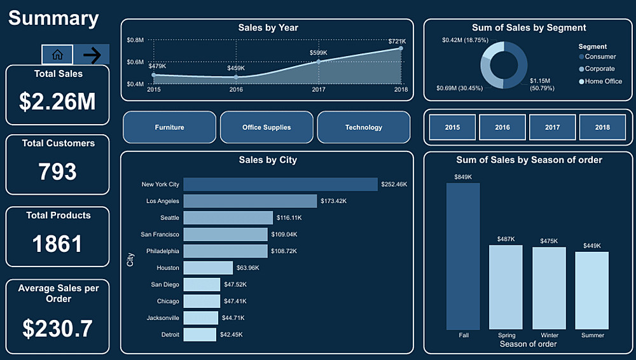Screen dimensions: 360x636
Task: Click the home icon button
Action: click(57, 55)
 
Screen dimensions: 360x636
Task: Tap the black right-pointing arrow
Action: click(92, 55)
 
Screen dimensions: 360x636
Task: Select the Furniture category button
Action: click(169, 127)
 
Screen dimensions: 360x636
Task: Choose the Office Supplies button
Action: click(266, 127)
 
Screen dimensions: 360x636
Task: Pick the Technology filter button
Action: click(363, 127)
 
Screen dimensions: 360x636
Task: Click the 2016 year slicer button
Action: click(502, 127)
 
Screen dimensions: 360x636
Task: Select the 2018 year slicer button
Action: click(602, 127)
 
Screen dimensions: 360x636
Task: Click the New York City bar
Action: click(280, 184)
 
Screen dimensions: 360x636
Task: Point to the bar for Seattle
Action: click(228, 218)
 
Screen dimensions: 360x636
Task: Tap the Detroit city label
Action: click(169, 335)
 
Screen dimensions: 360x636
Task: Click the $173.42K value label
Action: click(334, 201)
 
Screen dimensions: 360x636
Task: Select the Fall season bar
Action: click(463, 256)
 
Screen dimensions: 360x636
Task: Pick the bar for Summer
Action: click(591, 290)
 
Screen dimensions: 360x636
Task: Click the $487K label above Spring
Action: click(506, 239)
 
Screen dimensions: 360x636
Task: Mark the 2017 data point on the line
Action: click(319, 62)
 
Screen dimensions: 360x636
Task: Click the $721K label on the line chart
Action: click(397, 41)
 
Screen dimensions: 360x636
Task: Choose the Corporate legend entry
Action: click(599, 69)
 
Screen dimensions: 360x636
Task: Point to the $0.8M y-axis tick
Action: click(135, 40)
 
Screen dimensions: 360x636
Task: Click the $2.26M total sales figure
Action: click(57, 102)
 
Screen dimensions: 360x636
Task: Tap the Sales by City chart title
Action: click(266, 160)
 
